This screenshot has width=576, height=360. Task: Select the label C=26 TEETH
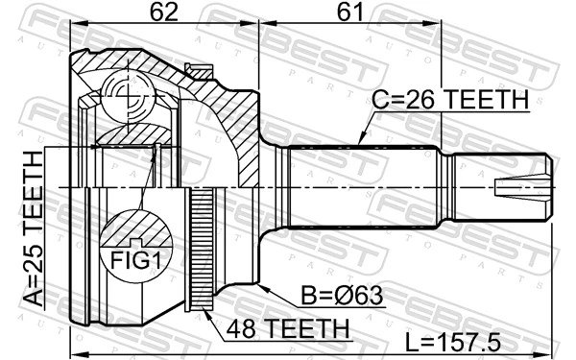coord(450,100)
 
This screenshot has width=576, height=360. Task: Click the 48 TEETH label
coord(287,329)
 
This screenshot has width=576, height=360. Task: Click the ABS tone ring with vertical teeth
coord(202,250)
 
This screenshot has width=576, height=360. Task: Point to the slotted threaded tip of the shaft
coord(522,185)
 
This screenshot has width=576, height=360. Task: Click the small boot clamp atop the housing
coord(200,69)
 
